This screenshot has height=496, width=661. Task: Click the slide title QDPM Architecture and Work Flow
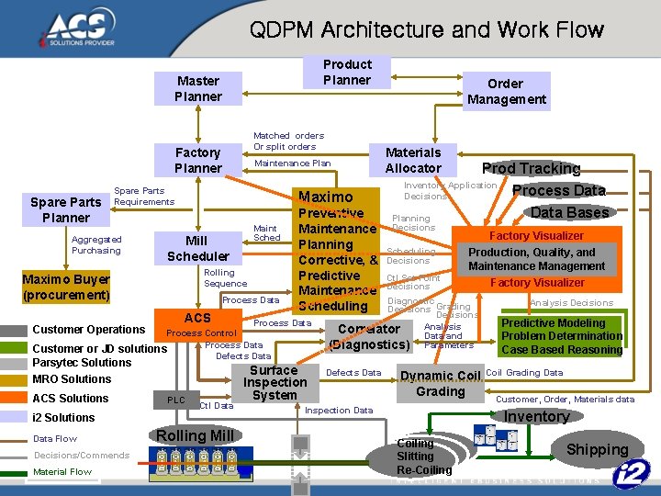(x=427, y=30)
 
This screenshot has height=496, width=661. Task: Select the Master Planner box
(x=198, y=89)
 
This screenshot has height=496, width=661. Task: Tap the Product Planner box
(x=347, y=73)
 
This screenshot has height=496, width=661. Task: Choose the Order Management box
(x=506, y=92)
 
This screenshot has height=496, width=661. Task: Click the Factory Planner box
(x=198, y=160)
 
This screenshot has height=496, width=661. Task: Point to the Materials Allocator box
(x=413, y=160)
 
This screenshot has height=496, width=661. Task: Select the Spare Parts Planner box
(x=66, y=209)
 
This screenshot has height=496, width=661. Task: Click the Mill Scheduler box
(x=198, y=248)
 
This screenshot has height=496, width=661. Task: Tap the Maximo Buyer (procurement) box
(x=66, y=287)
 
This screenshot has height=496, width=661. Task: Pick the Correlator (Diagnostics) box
(x=369, y=336)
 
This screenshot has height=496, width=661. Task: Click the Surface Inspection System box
(x=274, y=383)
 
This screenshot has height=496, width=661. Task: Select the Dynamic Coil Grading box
(x=441, y=384)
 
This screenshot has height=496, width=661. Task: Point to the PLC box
(x=175, y=400)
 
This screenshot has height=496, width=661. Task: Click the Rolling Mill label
(x=195, y=435)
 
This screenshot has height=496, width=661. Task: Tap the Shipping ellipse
(x=597, y=449)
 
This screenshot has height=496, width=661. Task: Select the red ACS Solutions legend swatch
(x=14, y=399)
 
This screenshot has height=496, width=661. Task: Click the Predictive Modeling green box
(x=561, y=336)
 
